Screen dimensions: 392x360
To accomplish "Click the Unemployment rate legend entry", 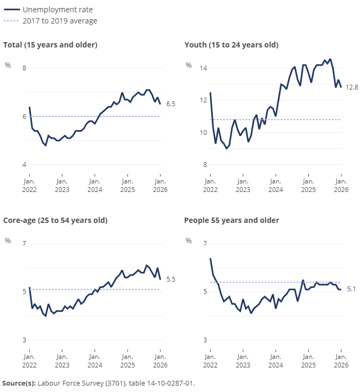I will [x=53, y=10].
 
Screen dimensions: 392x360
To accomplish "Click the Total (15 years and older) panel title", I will [x=50, y=45].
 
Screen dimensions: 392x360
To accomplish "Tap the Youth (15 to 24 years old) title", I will [x=231, y=45].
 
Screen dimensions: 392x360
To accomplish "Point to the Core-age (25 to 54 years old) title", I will [x=55, y=220].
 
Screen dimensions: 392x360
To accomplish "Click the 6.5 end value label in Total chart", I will [x=171, y=104].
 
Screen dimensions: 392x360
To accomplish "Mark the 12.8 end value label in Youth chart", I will [x=351, y=87].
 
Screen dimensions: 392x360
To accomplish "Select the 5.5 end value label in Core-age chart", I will [x=171, y=279].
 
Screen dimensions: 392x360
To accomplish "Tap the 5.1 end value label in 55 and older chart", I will [x=351, y=289].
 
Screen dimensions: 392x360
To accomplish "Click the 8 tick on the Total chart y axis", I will [x=23, y=68].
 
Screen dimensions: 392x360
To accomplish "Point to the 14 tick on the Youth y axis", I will [x=203, y=68].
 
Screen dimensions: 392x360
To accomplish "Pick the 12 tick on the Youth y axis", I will [x=203, y=100].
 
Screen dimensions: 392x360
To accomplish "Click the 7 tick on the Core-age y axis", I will [x=23, y=244].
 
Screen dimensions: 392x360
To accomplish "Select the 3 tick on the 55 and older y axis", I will [x=205, y=340].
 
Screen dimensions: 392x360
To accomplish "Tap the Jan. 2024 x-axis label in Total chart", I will [x=94, y=185].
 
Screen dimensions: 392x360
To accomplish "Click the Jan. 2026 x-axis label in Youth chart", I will [x=341, y=185].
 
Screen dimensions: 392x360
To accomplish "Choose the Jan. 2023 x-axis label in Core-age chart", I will [x=62, y=361].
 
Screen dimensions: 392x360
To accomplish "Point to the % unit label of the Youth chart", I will [x=188, y=65].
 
